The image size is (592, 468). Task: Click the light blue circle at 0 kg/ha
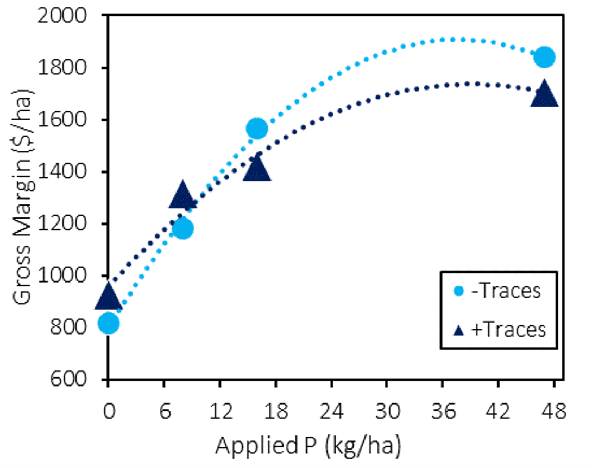(x=109, y=323)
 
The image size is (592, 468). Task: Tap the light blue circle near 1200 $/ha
(x=182, y=228)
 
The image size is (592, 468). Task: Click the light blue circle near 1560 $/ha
(x=257, y=129)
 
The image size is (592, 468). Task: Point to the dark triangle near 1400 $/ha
(x=257, y=169)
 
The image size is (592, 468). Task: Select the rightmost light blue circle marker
(x=544, y=57)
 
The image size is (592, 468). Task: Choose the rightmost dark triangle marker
(x=544, y=94)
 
